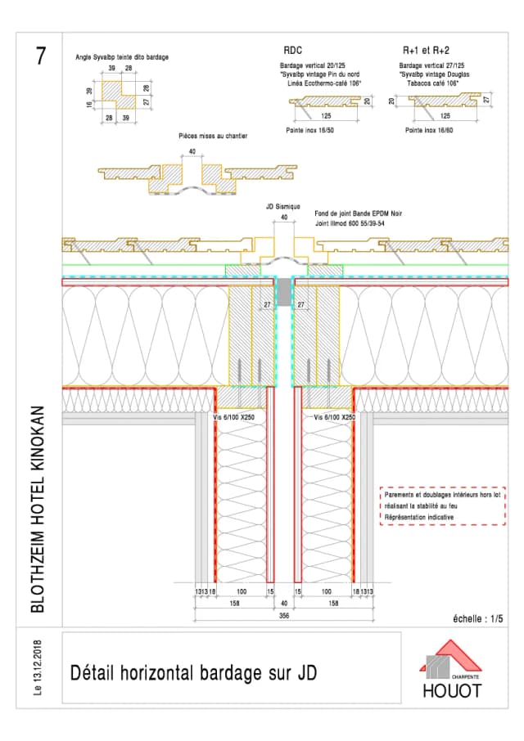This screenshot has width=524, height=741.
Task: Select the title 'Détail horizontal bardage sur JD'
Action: pyautogui.click(x=193, y=673)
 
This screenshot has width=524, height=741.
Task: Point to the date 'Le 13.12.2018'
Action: pyautogui.click(x=38, y=668)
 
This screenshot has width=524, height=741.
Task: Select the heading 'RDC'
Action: pyautogui.click(x=292, y=50)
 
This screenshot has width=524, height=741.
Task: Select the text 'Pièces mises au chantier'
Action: pyautogui.click(x=213, y=136)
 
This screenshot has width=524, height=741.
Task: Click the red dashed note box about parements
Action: pyautogui.click(x=442, y=506)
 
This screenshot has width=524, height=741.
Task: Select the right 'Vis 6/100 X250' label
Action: pyautogui.click(x=334, y=417)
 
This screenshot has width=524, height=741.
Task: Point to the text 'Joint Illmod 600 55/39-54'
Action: pyautogui.click(x=351, y=223)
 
